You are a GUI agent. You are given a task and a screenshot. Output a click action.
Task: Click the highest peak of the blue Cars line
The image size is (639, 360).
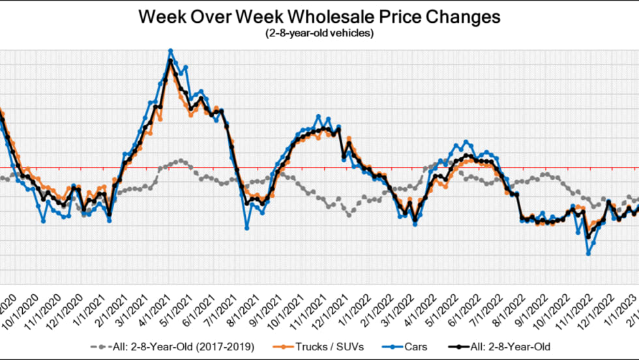170,50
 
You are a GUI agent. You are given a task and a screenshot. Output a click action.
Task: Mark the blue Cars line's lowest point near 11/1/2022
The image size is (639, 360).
588,254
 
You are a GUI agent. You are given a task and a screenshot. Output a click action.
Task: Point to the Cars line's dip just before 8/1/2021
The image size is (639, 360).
247,228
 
